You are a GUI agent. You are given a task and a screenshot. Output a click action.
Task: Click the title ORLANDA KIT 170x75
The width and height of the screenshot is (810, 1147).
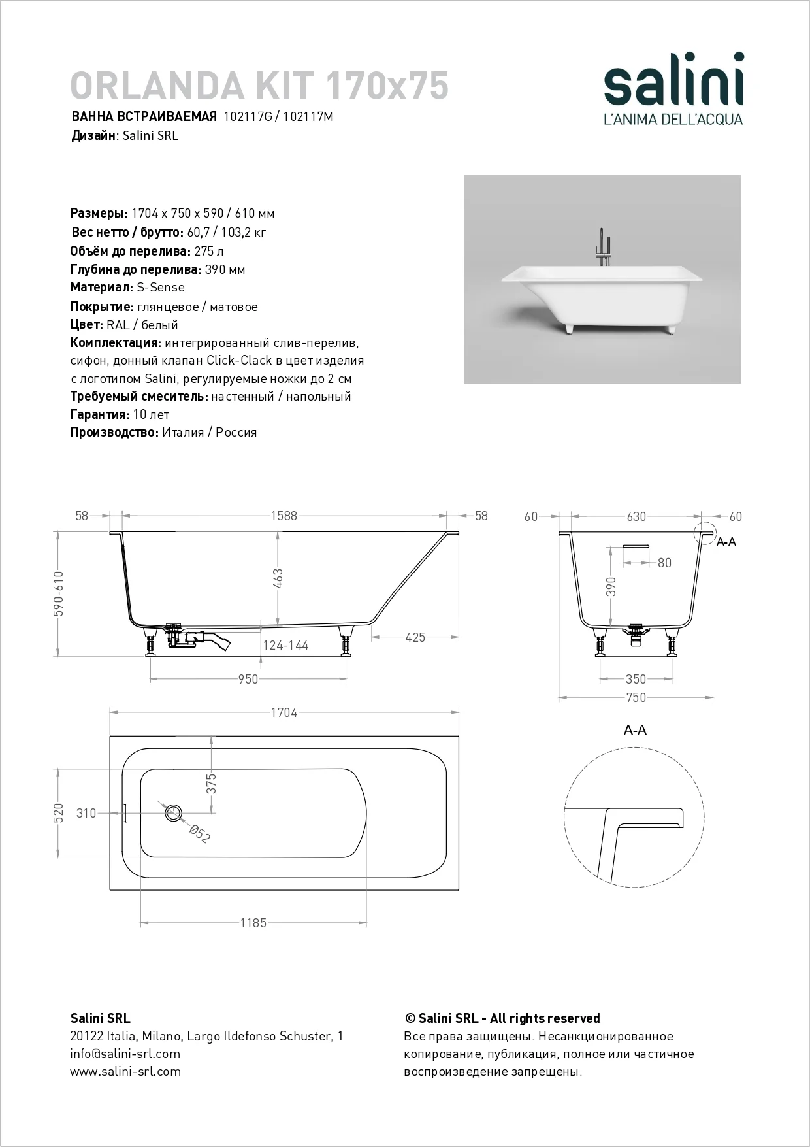point(259,85)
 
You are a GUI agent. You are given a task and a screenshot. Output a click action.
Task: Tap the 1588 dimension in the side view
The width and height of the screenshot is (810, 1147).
point(283,516)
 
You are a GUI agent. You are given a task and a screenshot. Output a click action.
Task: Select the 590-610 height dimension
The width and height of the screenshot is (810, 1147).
point(58,593)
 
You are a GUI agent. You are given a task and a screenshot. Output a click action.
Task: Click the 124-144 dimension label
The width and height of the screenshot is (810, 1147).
point(285,645)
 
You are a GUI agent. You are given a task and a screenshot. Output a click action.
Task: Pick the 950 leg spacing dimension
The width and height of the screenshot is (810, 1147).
point(248,679)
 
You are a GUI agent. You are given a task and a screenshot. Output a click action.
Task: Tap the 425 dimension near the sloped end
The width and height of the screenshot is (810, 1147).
point(415,637)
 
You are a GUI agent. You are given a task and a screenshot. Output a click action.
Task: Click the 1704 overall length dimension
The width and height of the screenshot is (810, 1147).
point(283,712)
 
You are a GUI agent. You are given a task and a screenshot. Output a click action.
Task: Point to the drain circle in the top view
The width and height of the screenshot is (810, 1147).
point(173,813)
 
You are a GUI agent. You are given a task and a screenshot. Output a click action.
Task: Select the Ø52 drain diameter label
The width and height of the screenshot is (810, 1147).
point(199,833)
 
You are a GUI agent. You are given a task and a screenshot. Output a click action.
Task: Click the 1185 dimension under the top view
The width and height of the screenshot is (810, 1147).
point(253,923)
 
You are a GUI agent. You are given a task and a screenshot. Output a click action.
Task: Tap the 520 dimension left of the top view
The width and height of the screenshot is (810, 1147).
point(58,812)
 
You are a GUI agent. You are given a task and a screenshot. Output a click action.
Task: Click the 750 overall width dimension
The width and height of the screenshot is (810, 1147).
point(636,697)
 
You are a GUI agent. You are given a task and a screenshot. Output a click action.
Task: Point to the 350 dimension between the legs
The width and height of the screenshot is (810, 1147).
point(636,679)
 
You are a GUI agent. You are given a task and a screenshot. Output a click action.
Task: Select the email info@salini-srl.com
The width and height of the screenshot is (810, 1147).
point(125,1054)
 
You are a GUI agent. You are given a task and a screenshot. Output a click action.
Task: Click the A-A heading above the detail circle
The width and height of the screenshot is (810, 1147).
point(635,730)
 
